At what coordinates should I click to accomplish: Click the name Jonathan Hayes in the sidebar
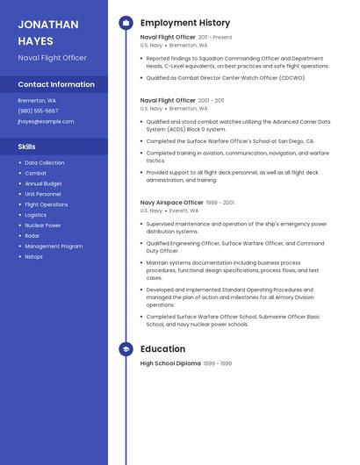(48, 32)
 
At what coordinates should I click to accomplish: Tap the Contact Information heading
(56, 84)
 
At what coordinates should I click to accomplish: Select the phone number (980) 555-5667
(38, 111)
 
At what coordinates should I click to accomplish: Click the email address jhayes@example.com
(46, 121)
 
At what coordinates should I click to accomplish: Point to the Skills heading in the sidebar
(27, 147)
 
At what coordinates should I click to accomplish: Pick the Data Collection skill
(44, 162)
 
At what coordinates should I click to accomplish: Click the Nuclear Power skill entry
(42, 225)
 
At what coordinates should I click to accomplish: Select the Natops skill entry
(33, 257)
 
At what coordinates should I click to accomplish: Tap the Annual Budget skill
(43, 183)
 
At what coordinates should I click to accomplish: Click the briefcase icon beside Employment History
(126, 23)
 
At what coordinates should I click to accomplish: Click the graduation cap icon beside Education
(126, 349)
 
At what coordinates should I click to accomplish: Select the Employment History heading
(184, 23)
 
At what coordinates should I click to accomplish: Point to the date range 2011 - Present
(215, 38)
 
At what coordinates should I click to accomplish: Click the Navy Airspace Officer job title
(172, 203)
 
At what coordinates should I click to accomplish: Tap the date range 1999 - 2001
(220, 203)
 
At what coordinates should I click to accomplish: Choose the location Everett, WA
(184, 211)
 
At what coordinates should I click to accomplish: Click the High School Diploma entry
(170, 363)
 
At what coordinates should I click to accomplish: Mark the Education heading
(162, 349)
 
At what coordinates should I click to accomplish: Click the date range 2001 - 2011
(211, 101)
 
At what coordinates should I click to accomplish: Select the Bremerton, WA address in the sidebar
(37, 100)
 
